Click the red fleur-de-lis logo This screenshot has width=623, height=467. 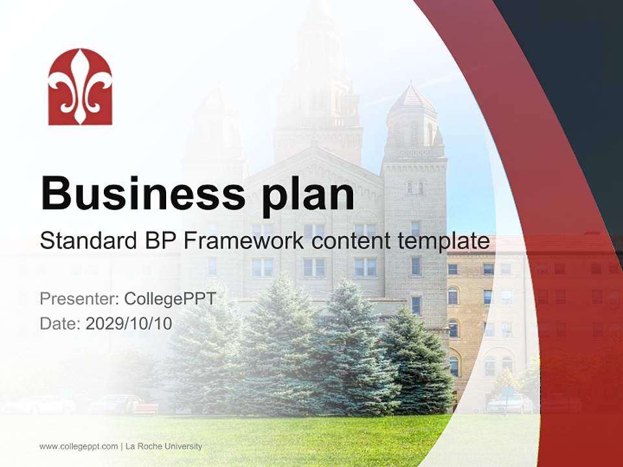click(80, 86)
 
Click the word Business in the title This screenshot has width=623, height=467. click(143, 193)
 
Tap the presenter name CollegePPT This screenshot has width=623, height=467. click(170, 299)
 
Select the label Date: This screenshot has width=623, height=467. click(60, 323)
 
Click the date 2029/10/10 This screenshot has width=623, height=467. click(129, 323)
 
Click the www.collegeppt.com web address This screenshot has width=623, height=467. click(79, 446)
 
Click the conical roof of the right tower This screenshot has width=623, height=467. click(411, 99)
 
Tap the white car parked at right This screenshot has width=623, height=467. click(510, 404)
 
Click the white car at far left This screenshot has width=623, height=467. click(39, 405)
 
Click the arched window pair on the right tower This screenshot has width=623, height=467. click(415, 187)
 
